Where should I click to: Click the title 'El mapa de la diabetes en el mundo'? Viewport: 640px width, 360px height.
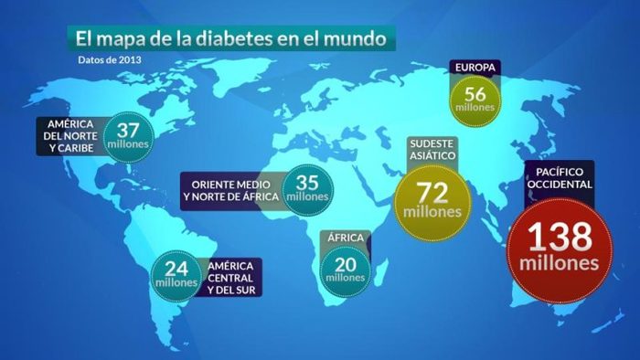pyautogui.click(x=229, y=39)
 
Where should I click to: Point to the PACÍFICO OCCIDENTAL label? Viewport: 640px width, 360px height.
pyautogui.click(x=560, y=177)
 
